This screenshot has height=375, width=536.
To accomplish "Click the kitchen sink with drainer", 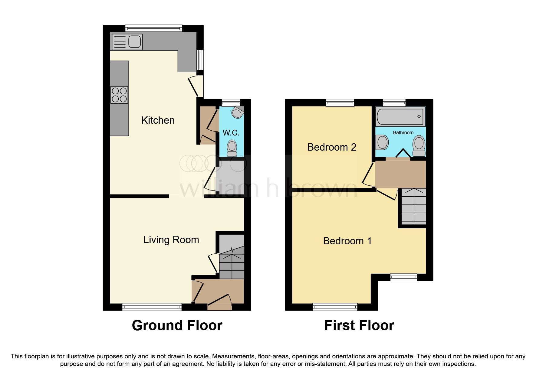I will [127, 42].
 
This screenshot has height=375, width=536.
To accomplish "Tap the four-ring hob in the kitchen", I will [119, 95].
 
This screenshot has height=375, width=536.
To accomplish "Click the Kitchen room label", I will [158, 120].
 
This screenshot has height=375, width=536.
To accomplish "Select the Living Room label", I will [171, 240].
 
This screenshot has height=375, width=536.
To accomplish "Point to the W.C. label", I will [231, 133].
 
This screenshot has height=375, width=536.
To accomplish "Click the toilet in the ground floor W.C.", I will [232, 147].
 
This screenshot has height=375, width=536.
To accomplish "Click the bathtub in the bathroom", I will [400, 116].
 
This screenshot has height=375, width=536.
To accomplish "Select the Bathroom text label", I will [403, 132].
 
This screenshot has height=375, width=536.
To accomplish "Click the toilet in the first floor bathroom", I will [419, 145].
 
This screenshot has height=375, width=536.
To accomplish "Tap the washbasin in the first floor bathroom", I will [382, 142].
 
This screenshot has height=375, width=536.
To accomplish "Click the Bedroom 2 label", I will [332, 147].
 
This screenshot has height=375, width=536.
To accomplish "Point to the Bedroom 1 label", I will [347, 241].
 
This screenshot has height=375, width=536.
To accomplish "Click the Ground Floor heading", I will [177, 325].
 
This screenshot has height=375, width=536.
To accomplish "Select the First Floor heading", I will [359, 325].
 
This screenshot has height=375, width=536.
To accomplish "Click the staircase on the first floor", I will [413, 206].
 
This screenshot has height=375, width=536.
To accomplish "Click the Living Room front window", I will [152, 307].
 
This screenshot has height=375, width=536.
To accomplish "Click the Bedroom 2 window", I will [340, 103].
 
